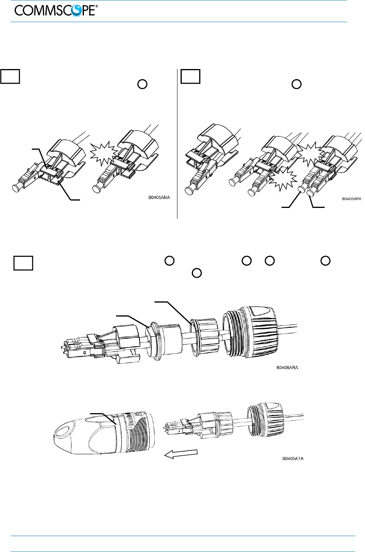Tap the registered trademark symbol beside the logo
(96, 7)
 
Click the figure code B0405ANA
(159, 197)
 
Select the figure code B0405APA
(351, 199)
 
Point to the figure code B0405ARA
(287, 367)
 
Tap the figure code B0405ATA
(293, 459)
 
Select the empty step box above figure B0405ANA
(10, 77)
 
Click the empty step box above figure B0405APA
(190, 77)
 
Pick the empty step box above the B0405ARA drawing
(23, 263)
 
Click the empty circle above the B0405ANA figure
(142, 84)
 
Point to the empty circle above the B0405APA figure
(296, 84)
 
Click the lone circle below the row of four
(196, 273)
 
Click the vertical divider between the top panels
(177, 144)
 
